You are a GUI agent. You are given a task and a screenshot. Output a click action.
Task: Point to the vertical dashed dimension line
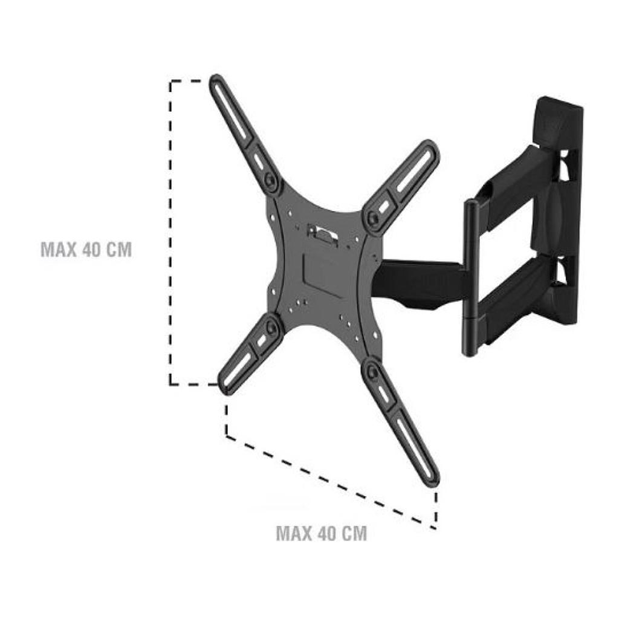click(x=170, y=233)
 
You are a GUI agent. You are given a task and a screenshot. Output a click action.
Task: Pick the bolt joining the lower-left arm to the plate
click(x=271, y=329)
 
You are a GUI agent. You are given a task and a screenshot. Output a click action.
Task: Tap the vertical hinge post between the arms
click(x=471, y=278)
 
